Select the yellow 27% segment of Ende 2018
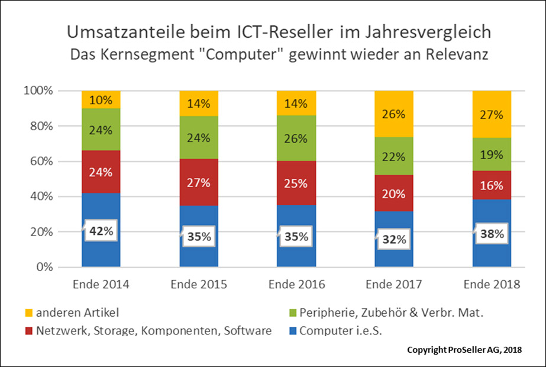492,114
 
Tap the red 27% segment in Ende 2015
199,182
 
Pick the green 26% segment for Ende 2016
296,139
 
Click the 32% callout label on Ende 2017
395,239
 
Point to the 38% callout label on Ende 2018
492,234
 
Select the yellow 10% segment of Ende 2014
101,100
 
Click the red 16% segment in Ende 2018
492,185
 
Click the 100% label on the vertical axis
39,91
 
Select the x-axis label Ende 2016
296,284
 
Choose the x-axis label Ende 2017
395,284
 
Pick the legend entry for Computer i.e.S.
341,331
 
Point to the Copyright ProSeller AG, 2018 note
464,350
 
